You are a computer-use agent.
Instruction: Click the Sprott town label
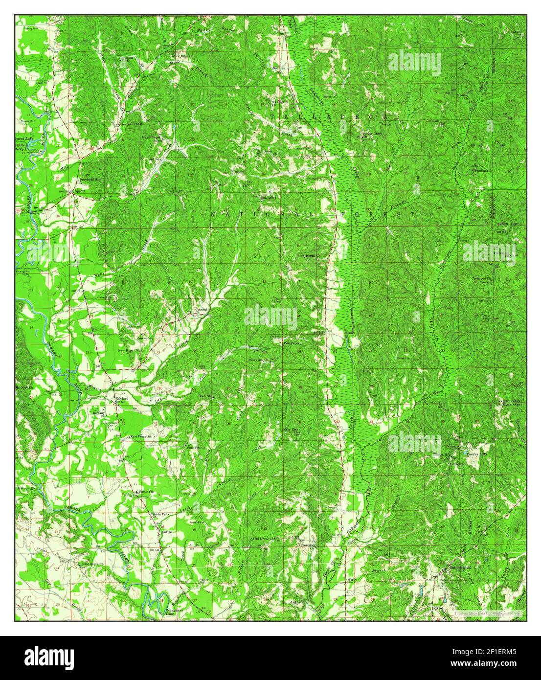[80, 192]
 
